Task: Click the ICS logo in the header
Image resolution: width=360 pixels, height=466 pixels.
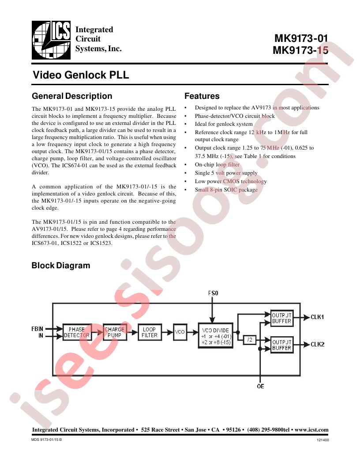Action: tap(51, 40)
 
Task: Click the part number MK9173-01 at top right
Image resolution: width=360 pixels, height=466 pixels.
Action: tap(301, 38)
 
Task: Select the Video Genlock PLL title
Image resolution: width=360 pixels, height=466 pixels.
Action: tap(81, 75)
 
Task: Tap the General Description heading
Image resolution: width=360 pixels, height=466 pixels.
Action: tap(72, 96)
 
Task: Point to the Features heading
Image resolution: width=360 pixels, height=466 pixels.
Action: tap(202, 96)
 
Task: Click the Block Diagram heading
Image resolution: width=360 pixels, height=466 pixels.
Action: tap(61, 265)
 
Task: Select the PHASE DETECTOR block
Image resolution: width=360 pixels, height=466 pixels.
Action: tap(77, 332)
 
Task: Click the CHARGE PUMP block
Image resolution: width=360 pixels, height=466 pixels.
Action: tap(115, 332)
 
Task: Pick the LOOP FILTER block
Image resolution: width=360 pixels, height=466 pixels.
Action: tap(150, 332)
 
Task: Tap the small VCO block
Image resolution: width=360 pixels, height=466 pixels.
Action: tap(180, 332)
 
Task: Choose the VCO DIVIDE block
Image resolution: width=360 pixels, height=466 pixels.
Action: tap(215, 335)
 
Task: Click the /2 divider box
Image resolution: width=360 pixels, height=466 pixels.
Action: tap(250, 340)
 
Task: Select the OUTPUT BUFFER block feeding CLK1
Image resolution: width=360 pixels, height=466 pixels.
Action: tap(282, 318)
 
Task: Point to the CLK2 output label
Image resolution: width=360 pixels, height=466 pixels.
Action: tap(318, 345)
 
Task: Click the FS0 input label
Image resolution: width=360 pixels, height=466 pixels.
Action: tap(213, 293)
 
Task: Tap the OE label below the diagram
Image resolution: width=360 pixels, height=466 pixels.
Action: tap(260, 387)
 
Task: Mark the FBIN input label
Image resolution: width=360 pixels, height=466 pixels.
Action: tap(37, 329)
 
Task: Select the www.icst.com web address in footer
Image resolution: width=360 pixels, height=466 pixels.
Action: tap(311, 430)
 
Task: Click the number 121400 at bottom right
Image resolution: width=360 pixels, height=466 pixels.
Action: tap(323, 440)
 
